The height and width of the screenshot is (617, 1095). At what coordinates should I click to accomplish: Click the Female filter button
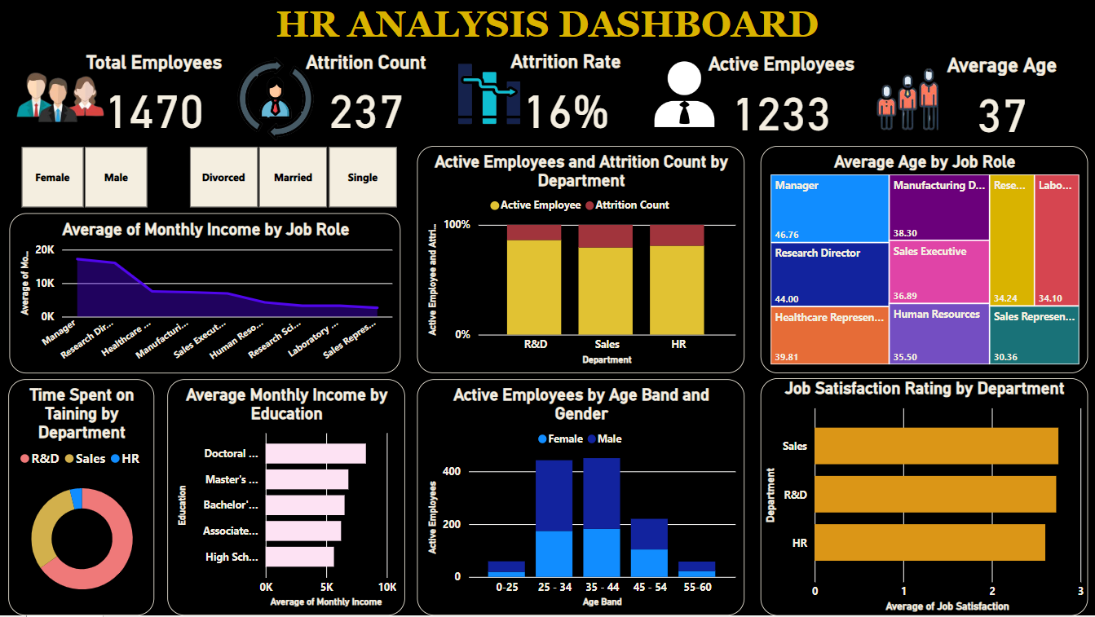(x=52, y=177)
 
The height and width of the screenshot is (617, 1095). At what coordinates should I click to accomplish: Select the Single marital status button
(x=363, y=177)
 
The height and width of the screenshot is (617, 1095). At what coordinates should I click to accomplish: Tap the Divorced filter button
(x=223, y=177)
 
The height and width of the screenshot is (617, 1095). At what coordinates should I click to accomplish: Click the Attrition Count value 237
(x=366, y=112)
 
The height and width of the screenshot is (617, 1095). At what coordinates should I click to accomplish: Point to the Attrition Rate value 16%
(x=567, y=112)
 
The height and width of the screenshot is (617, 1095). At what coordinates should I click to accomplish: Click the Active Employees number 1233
(x=783, y=113)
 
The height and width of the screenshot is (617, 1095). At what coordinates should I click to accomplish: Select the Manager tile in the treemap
(x=829, y=209)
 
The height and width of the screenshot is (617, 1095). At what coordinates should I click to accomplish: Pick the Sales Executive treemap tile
(x=938, y=272)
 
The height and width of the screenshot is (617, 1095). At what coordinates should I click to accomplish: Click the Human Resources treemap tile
(x=938, y=333)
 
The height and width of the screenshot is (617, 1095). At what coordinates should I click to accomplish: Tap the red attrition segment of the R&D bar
(x=533, y=232)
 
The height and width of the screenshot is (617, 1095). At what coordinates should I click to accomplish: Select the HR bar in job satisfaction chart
(x=929, y=542)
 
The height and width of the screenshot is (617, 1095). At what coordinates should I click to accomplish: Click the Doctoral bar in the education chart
(x=316, y=453)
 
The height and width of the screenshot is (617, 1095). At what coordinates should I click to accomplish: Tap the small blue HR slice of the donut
(x=77, y=497)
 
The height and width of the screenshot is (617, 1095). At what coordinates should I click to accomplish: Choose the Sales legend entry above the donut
(x=84, y=459)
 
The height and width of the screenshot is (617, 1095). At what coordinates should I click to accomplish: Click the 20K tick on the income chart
(x=46, y=250)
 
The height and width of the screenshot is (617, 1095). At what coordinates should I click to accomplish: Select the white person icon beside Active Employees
(x=683, y=94)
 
